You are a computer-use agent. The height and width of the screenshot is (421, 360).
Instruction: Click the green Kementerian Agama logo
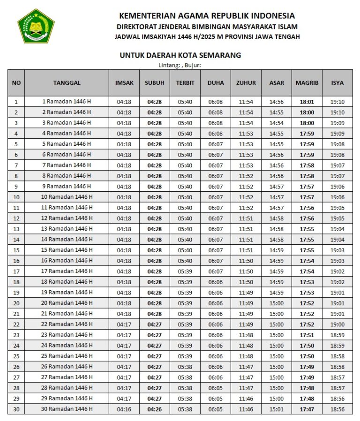click(x=36, y=26)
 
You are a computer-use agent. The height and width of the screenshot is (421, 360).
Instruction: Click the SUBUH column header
click(x=154, y=83)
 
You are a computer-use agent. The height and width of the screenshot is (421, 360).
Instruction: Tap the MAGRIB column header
click(x=307, y=83)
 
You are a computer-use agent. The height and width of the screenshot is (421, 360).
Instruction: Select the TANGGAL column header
click(x=67, y=83)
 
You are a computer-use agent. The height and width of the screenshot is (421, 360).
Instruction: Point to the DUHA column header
click(x=216, y=83)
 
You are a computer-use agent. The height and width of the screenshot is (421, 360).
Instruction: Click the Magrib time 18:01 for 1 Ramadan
click(x=307, y=102)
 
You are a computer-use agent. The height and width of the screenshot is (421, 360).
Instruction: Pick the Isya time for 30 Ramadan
click(x=337, y=409)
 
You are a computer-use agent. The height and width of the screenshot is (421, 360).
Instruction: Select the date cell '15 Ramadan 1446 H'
click(x=67, y=250)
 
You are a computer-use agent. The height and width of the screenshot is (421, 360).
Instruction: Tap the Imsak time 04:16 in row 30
click(x=124, y=409)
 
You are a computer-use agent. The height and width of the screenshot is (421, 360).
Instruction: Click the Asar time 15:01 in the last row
click(x=277, y=409)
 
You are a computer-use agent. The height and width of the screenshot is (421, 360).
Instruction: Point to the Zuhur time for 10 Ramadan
click(x=246, y=197)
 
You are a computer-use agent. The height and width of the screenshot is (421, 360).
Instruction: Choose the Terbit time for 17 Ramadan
click(x=185, y=271)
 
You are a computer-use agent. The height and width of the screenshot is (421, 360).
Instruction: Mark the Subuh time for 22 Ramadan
click(x=154, y=324)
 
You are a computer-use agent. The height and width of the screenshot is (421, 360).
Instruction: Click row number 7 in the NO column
click(x=16, y=165)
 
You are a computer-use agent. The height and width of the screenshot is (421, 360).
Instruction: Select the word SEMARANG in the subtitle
click(x=220, y=55)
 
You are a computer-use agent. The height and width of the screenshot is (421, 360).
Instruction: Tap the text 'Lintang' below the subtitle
click(x=168, y=65)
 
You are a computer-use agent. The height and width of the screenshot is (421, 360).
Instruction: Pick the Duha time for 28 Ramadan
click(x=216, y=388)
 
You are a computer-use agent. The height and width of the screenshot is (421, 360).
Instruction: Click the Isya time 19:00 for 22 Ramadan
click(x=337, y=324)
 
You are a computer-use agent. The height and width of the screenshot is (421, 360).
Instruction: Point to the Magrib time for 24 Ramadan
click(x=307, y=346)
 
